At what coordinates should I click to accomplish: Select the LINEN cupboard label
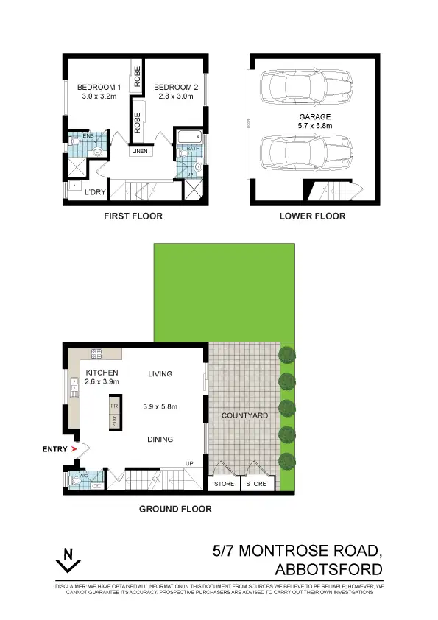[x=139, y=152]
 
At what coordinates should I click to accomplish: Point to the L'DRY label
[x=94, y=192]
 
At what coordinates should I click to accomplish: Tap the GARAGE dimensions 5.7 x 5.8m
[x=315, y=126]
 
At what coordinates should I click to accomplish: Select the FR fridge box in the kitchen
[x=114, y=406]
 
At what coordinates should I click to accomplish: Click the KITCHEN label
[x=102, y=373]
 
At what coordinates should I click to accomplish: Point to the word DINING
[x=160, y=440]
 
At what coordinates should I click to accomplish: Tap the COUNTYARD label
[x=244, y=416]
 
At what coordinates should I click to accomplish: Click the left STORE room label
[x=224, y=484]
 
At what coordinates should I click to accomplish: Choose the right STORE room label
[x=256, y=484]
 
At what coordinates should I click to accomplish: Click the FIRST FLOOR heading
[x=132, y=216]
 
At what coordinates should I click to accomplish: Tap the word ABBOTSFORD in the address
[x=328, y=569]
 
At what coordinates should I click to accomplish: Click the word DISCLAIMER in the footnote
[x=71, y=586]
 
